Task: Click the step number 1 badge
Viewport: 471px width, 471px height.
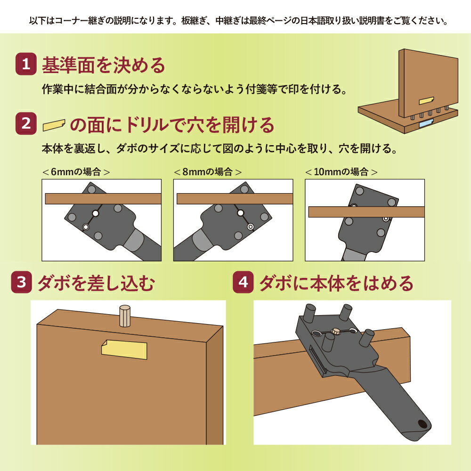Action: (x=26, y=64)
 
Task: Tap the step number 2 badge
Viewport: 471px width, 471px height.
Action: (x=26, y=123)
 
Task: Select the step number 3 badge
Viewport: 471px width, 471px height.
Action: (x=21, y=282)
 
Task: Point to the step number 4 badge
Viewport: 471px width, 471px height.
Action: (x=243, y=282)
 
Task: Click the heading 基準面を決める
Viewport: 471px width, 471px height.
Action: (x=104, y=65)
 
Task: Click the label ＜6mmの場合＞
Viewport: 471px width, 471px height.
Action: (x=76, y=172)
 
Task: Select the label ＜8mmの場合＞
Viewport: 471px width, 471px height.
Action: (x=208, y=172)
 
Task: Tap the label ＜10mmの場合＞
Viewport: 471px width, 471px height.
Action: (x=341, y=172)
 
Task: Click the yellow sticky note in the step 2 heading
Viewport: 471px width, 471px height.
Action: (x=54, y=125)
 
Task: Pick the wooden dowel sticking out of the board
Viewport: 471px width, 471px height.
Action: (x=125, y=316)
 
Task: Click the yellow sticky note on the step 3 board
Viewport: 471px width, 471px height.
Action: (x=124, y=349)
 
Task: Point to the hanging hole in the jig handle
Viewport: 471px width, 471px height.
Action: (x=423, y=424)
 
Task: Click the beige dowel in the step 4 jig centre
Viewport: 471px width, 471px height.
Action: (x=336, y=332)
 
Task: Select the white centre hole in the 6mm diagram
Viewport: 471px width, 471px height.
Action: (x=96, y=213)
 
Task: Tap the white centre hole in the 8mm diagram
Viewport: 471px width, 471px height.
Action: (x=240, y=213)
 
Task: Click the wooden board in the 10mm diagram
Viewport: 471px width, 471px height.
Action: (x=366, y=212)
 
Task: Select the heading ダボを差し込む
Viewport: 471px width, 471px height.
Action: (x=96, y=283)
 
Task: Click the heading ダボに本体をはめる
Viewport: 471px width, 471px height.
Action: (x=336, y=283)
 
